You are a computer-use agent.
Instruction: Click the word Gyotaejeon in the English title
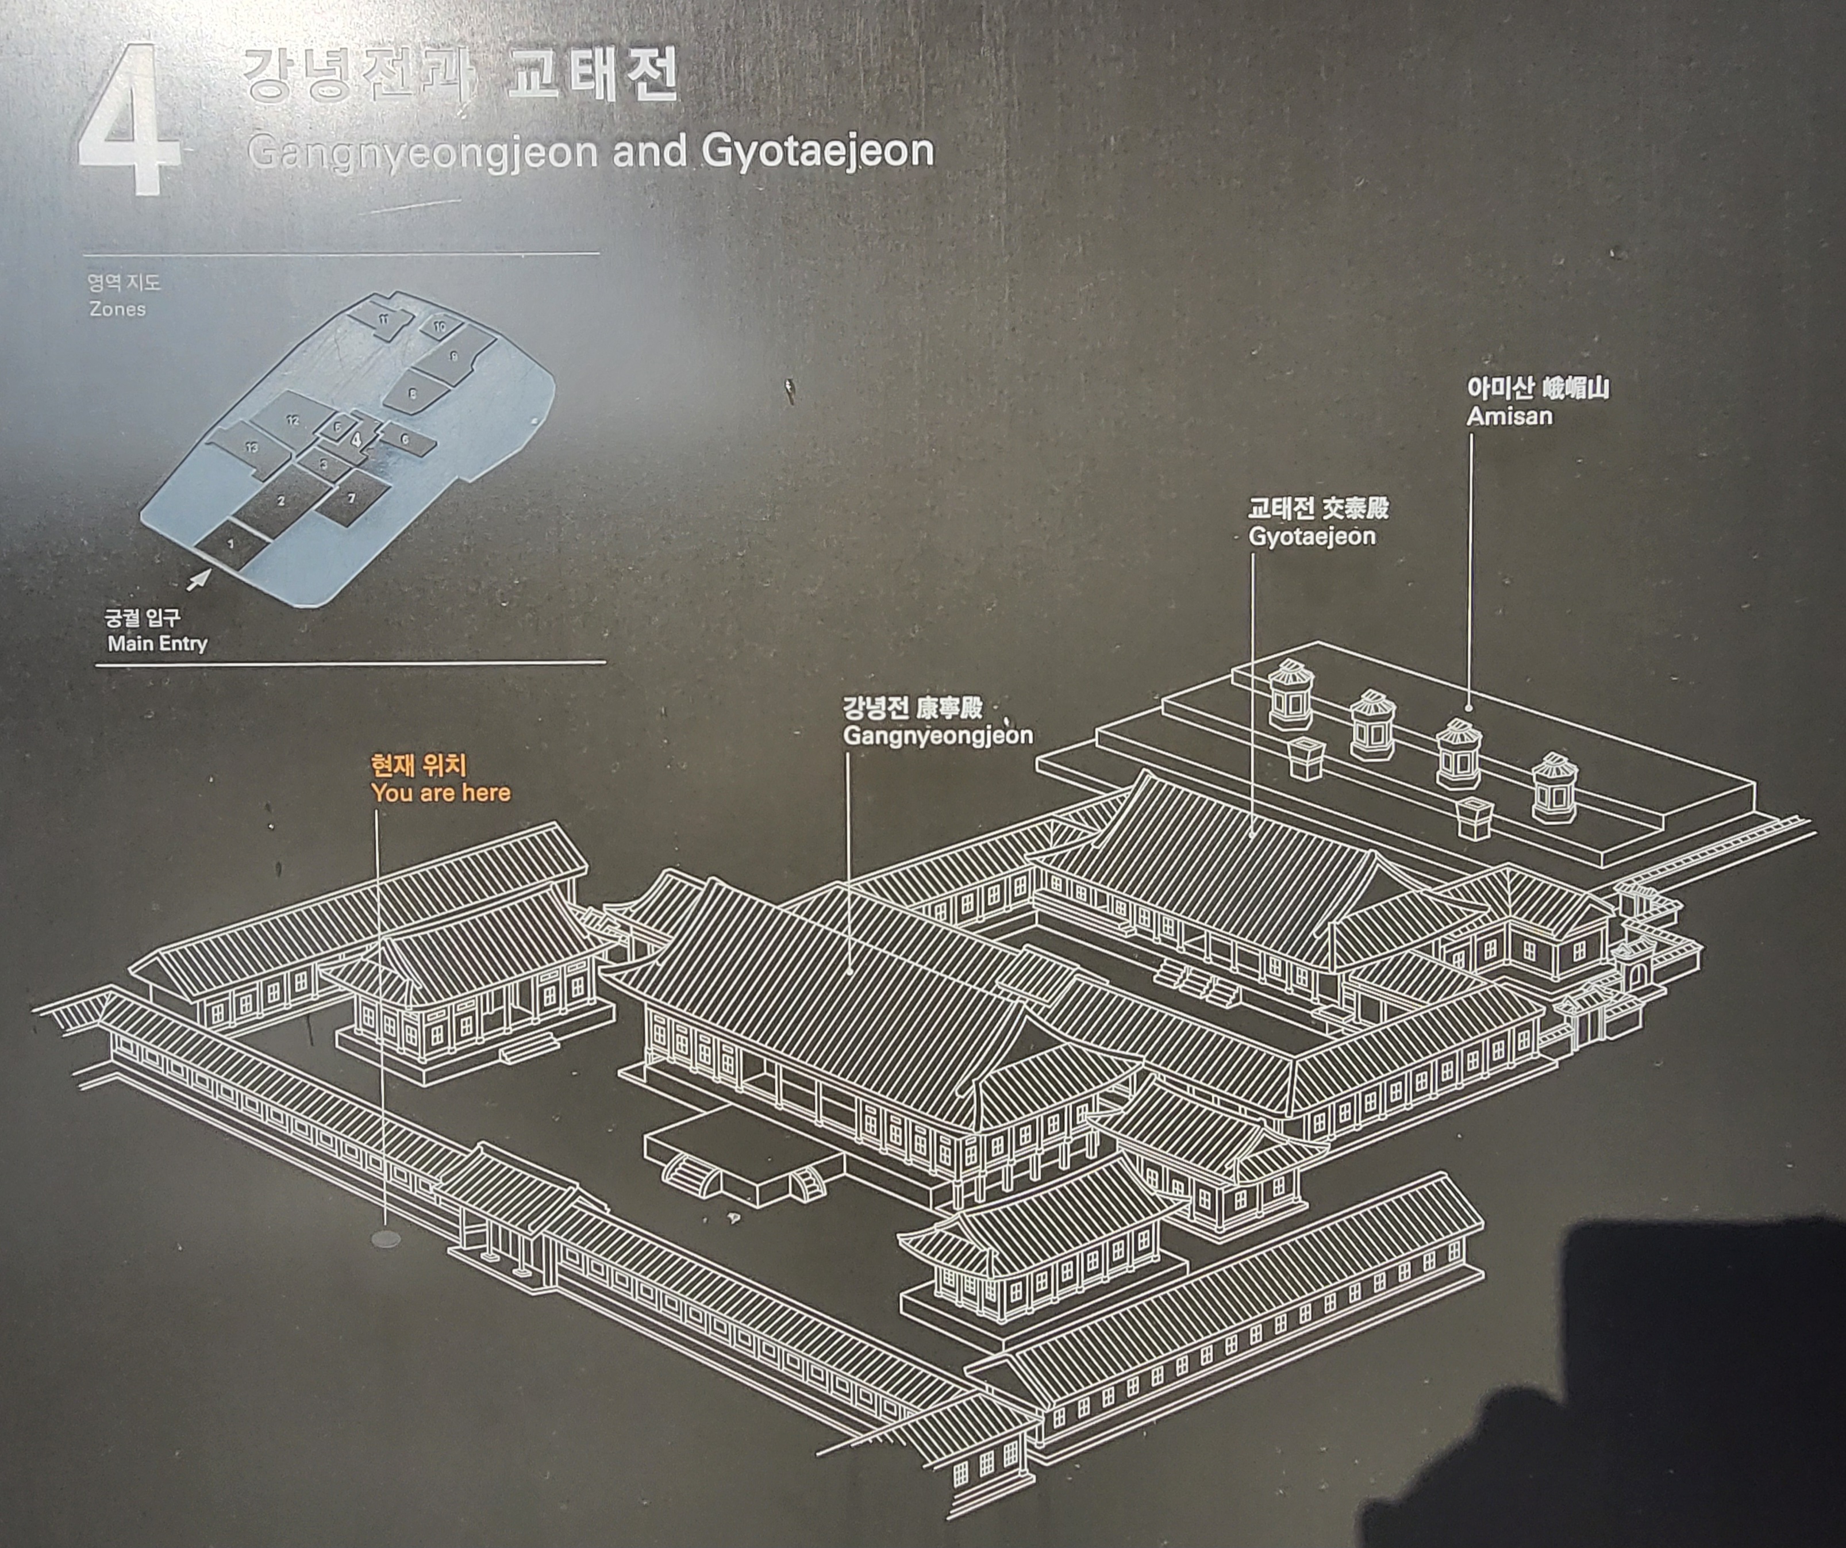point(817,151)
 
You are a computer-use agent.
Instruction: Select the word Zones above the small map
point(117,309)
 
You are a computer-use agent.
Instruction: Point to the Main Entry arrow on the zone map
point(199,580)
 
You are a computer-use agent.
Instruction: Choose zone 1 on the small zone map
point(231,544)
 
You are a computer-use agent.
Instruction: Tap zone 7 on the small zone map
point(352,498)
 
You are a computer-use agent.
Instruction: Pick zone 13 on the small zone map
point(252,447)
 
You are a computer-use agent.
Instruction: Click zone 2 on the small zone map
point(281,501)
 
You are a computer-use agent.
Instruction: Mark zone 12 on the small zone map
point(293,420)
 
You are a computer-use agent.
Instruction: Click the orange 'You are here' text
point(440,793)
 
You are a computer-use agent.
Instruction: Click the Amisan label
point(1509,416)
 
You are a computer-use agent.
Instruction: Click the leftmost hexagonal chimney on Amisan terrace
point(1290,694)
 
